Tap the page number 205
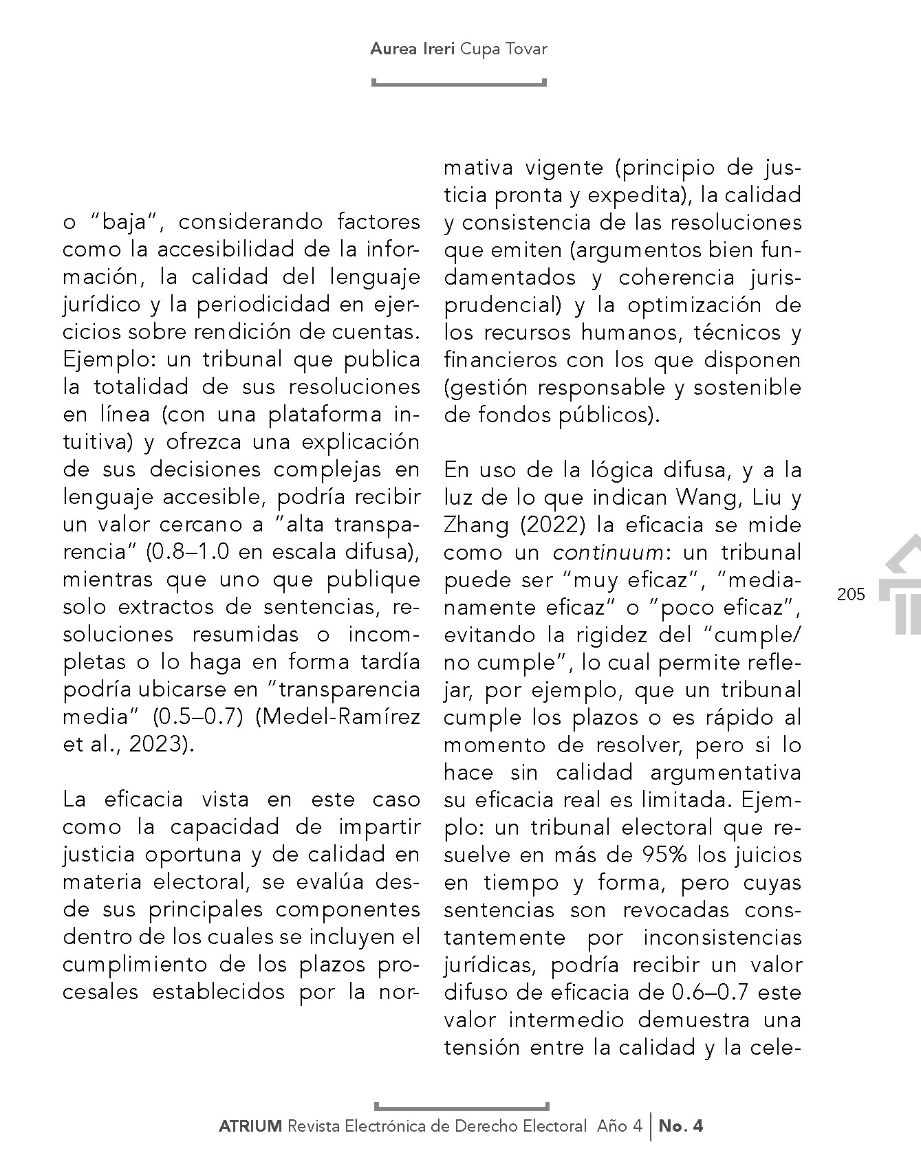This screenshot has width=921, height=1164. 851,593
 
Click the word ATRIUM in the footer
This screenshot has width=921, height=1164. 250,1126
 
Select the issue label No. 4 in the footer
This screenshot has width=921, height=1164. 681,1126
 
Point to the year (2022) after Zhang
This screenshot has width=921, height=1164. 552,525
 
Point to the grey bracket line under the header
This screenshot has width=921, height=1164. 459,84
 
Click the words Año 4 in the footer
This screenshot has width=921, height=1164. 619,1126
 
